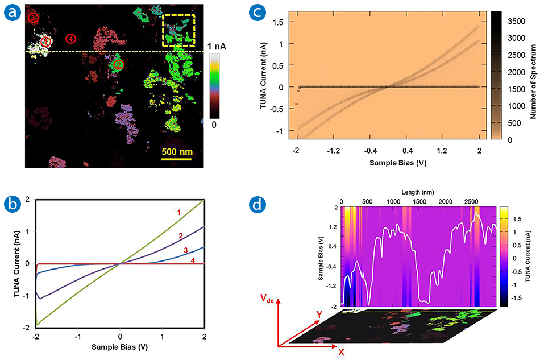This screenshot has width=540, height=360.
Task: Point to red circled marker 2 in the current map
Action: (x=118, y=64)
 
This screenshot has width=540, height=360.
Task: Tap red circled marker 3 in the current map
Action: (x=34, y=18)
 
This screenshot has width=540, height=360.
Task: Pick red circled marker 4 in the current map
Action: (x=70, y=39)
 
